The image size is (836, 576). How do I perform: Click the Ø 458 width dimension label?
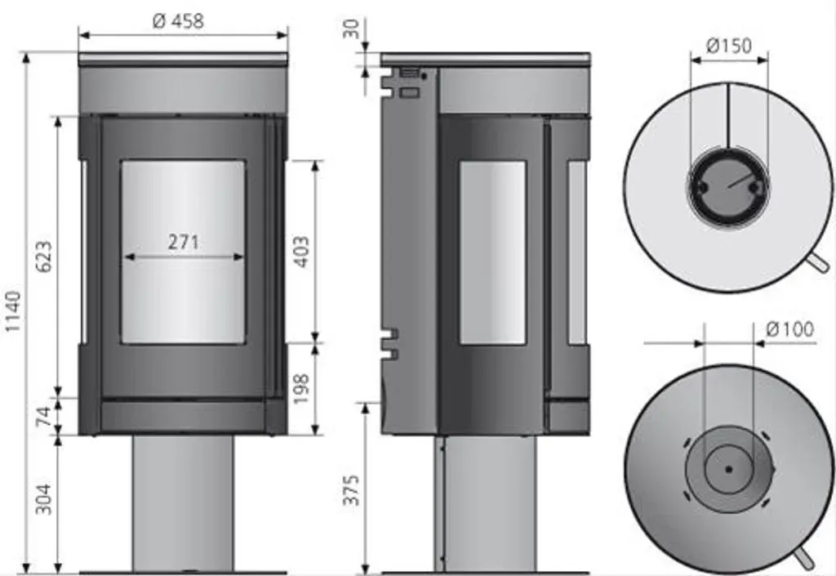(178, 20)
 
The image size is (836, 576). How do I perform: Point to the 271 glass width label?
(184, 242)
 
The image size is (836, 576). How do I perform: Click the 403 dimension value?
(301, 252)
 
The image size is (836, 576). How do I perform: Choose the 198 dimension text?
(300, 389)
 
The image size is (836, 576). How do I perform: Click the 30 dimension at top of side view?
(351, 29)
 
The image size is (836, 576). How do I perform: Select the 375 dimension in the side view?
(351, 489)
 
